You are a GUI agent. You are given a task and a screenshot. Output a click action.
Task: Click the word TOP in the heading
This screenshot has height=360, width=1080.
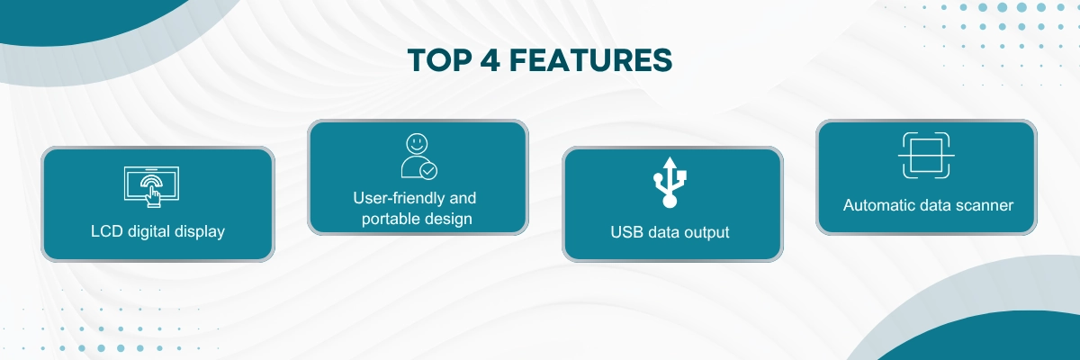point(439,60)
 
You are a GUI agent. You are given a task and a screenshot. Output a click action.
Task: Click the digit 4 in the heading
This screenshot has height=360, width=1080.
point(490,60)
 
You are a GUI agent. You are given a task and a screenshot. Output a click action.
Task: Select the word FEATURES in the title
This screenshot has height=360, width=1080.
point(590,60)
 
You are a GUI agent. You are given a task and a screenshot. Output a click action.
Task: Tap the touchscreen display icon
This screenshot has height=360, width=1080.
point(151,187)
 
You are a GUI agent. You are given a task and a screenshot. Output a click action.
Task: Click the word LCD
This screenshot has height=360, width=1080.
point(106,231)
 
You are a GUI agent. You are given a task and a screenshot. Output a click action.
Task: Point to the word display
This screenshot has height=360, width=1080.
point(200,232)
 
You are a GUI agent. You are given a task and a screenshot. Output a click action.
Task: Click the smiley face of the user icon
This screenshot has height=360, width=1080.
point(417,143)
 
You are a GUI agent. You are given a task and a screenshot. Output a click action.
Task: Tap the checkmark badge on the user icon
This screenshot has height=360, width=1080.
point(428,171)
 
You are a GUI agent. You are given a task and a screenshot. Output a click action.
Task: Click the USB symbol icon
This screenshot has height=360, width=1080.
point(670,182)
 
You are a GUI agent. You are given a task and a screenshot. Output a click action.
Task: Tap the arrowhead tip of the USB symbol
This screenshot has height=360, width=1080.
point(670,157)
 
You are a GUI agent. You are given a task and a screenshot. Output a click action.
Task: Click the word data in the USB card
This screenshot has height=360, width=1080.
point(664,232)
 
